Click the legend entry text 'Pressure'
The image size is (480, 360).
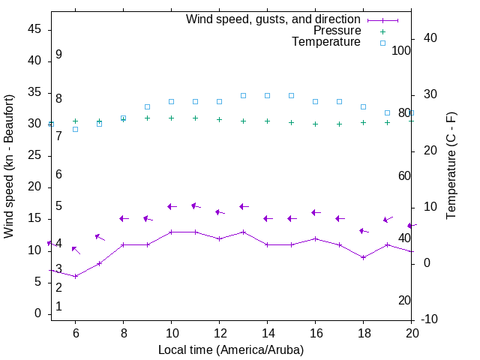pos(337,31)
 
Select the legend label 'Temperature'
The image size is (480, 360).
pos(326,43)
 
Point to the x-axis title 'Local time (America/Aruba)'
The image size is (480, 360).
pos(231,349)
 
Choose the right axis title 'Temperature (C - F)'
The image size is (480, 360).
pos(451,166)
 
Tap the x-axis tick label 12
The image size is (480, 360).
pos(219,333)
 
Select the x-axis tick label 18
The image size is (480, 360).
pos(364,333)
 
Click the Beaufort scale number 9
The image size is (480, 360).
pos(58,55)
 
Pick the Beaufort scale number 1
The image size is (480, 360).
pos(58,307)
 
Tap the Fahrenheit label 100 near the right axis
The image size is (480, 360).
pos(401,50)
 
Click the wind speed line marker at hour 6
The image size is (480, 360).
pos(75,276)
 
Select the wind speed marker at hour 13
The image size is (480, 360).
pos(243,232)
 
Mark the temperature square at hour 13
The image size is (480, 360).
pos(243,95)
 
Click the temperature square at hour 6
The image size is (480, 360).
pos(75,129)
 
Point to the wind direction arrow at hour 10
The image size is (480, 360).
pos(172,206)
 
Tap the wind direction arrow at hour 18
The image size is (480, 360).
pos(364,231)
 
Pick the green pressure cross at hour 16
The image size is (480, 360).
pos(315,124)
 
